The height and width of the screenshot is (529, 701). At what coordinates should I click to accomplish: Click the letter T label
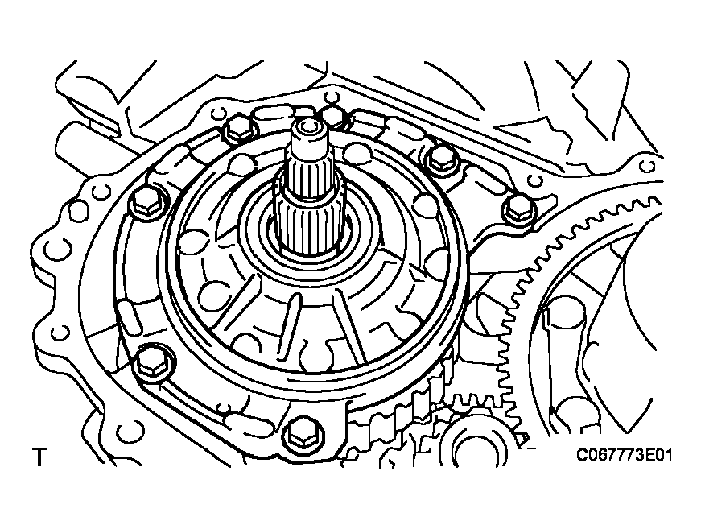[39, 457]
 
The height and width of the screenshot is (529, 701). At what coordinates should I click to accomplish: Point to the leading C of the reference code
[582, 456]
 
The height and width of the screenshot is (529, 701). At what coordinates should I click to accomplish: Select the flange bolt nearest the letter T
[151, 365]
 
